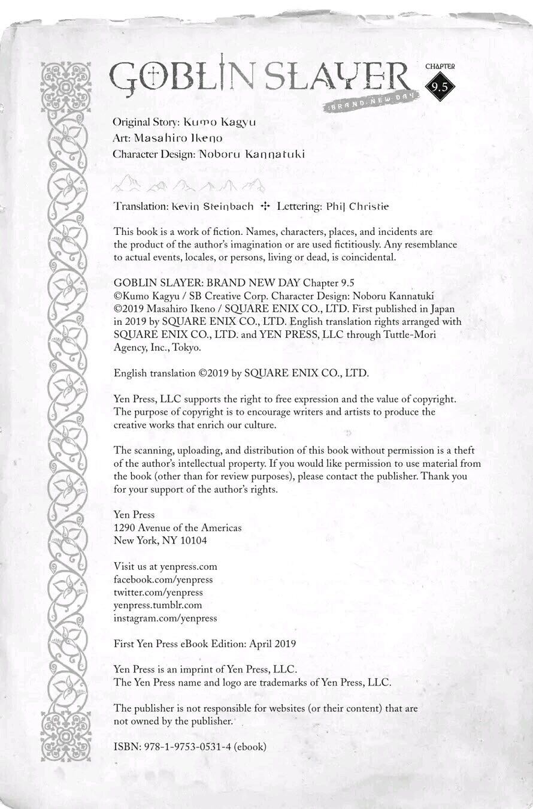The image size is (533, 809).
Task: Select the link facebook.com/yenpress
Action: pyautogui.click(x=163, y=579)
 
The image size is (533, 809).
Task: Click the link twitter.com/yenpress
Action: pyautogui.click(x=158, y=592)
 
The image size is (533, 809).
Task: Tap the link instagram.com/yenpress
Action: pyautogui.click(x=165, y=617)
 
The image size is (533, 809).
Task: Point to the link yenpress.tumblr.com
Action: pyautogui.click(x=158, y=605)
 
